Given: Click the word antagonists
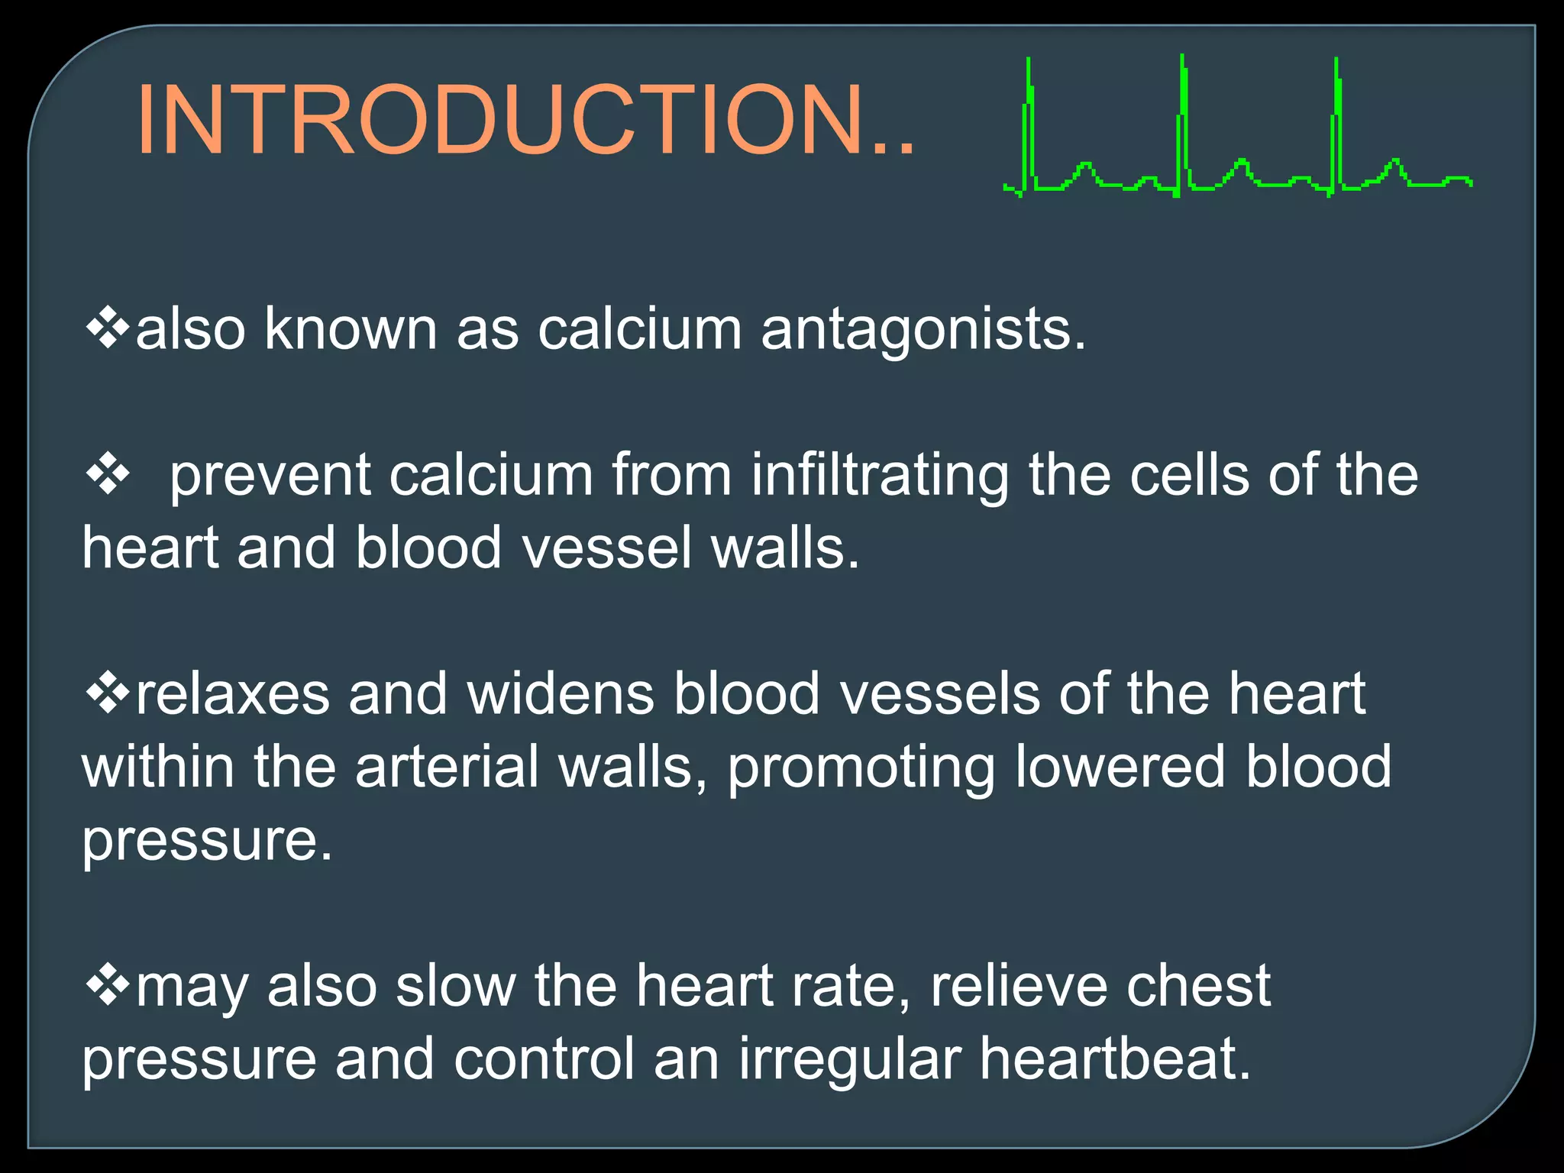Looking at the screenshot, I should click(x=923, y=329).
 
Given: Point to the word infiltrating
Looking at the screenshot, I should click(x=880, y=475).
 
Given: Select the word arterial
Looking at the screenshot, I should click(x=447, y=767).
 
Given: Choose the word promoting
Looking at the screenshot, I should click(x=861, y=768).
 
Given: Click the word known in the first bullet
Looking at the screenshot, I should click(x=351, y=329).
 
